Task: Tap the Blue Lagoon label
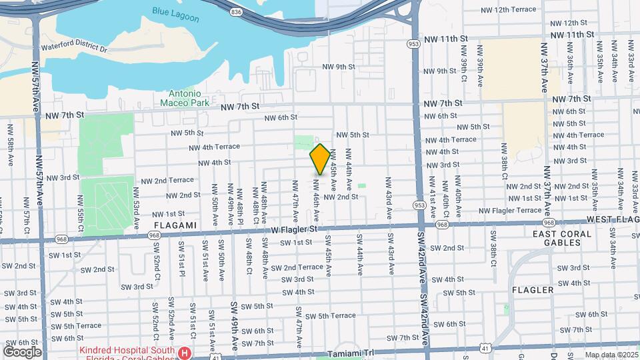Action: [x=171, y=11]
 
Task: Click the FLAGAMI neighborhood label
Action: [x=175, y=225]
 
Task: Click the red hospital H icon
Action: [x=187, y=351]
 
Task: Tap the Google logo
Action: [x=23, y=351]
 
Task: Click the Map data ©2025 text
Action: [x=610, y=355]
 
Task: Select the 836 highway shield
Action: [x=237, y=11]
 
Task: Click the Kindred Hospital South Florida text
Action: [x=127, y=351]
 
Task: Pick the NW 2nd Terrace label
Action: [x=164, y=180]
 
